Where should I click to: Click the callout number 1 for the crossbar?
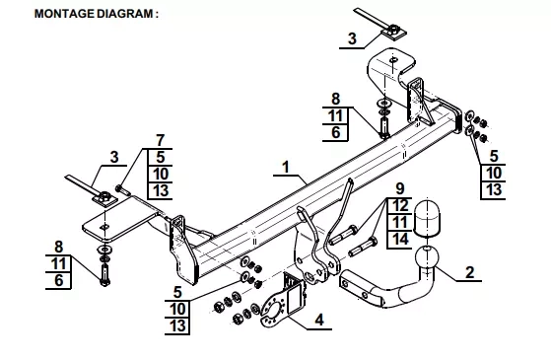pos(286,167)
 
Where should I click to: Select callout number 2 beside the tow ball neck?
pos(470,272)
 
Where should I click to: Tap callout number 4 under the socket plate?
pos(319,321)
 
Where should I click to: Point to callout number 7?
pos(161,140)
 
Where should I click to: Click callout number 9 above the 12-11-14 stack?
pos(400,188)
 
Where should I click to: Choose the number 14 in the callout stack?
pos(400,239)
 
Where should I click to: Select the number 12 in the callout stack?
pos(400,205)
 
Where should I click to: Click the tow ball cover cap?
pos(427,217)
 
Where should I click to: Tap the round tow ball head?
pos(427,257)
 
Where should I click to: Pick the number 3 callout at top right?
pos(352,38)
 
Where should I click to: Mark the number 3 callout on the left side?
pos(114,157)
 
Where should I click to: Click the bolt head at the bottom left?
pos(104,282)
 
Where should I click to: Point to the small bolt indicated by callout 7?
pos(122,189)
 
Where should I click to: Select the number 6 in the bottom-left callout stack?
pos(59,280)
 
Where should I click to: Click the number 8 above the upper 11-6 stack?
pos(335,99)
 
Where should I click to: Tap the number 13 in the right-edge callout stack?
pos(494,190)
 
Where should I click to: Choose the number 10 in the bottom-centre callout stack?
pos(177,309)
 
